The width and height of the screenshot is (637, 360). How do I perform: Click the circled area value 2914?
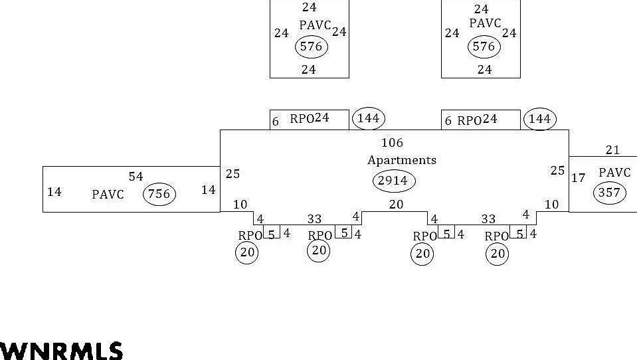pos(393,181)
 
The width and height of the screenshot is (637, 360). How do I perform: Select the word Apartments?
pos(402,160)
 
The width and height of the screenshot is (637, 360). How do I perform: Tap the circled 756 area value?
pos(159,194)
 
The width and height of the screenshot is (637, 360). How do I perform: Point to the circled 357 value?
pos(609,193)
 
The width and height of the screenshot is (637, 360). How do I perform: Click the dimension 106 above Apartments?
pos(392,143)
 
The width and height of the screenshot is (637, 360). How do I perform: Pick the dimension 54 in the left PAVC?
pos(136,177)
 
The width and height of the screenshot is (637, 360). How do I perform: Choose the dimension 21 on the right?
pos(612,151)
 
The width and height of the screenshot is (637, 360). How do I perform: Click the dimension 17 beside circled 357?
pos(578,178)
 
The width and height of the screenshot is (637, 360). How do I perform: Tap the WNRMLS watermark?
pos(61,351)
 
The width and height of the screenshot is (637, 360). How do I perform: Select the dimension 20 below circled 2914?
pos(396,205)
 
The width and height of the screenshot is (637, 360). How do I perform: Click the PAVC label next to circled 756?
pos(108,195)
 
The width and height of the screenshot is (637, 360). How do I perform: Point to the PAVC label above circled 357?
pos(614,173)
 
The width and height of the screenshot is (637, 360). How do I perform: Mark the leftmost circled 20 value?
pos(246,252)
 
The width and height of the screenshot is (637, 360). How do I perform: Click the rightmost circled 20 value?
pos(498,253)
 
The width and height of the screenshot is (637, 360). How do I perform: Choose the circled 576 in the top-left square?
pos(311,46)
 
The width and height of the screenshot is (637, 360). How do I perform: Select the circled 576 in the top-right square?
pos(484,46)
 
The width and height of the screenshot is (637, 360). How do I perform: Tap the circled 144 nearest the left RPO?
pos(368,118)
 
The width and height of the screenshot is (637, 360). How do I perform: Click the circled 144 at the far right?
pos(539,119)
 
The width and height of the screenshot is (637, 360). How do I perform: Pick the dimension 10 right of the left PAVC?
pos(240,205)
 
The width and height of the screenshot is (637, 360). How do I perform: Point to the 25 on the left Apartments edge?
pos(232,174)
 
